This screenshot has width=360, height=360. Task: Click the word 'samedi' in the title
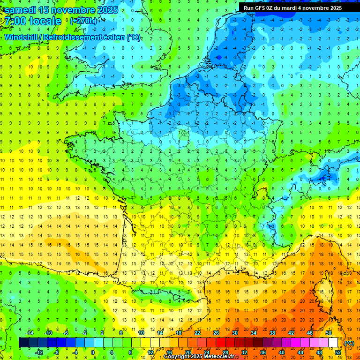pyautogui.click(x=21, y=10)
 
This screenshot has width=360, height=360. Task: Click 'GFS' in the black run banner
pyautogui.click(x=262, y=8)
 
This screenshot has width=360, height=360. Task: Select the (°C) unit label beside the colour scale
pyautogui.click(x=349, y=343)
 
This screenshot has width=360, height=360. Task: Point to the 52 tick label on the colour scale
pyautogui.click(x=338, y=352)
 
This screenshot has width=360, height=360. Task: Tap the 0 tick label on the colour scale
pyautogui.click(x=92, y=352)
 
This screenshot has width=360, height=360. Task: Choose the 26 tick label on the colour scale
pyautogui.click(x=216, y=333)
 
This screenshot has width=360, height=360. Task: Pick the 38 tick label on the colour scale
pyautogui.click(x=272, y=333)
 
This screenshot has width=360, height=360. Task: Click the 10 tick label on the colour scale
pyautogui.click(x=141, y=333)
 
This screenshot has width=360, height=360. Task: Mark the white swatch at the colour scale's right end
pyautogui.click(x=333, y=343)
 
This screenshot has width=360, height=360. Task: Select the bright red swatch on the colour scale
pyautogui.click(x=221, y=343)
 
